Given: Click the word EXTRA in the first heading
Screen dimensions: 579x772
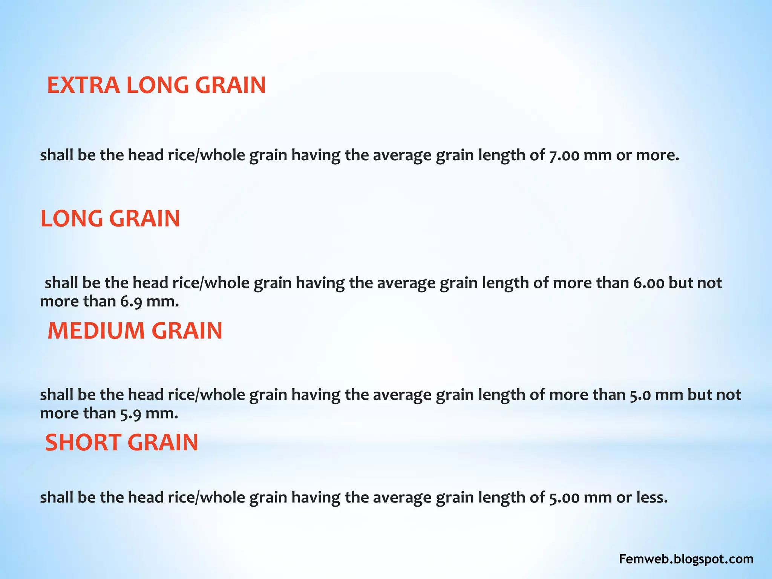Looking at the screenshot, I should click(83, 85).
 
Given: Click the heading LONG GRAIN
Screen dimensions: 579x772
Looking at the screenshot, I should click(110, 219).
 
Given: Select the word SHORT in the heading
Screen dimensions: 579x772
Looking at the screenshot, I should click(83, 443).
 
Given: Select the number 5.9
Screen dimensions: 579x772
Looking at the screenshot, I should click(131, 414).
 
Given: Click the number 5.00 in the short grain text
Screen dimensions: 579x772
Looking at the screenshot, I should click(564, 498).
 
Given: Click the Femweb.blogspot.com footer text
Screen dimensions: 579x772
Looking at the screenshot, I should click(686, 559).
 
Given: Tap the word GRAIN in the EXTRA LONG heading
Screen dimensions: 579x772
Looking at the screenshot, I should click(230, 85).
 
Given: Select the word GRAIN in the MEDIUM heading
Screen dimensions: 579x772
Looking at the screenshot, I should click(187, 331).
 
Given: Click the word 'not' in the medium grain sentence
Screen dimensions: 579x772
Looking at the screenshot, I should click(729, 395).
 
